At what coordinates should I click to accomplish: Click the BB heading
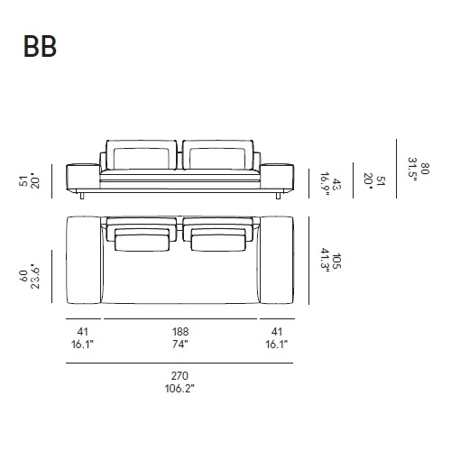pos(40,46)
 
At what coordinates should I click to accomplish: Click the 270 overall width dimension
pos(179,375)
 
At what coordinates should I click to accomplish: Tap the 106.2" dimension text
pos(179,389)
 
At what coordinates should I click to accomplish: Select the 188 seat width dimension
pos(180,332)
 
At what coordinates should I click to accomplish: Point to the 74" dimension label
pos(180,344)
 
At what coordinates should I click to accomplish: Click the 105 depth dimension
pos(337,261)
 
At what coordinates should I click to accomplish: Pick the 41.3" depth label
pos(326,260)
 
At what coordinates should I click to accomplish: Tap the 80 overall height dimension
pos(426,169)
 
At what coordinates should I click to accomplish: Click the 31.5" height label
pos(412,169)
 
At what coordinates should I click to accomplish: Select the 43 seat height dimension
pos(337,184)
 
